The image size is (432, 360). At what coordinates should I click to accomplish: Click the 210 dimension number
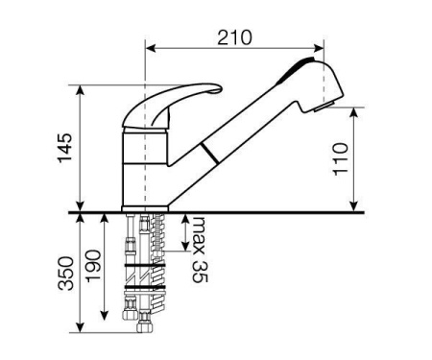coord(234,37)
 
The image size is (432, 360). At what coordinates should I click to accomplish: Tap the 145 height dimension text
coord(65,148)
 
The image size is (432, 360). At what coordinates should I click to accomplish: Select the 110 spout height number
coord(340,159)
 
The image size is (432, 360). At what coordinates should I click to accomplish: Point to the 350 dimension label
coord(66,273)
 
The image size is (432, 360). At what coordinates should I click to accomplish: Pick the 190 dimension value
coord(94,266)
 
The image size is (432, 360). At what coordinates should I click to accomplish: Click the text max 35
coord(200,250)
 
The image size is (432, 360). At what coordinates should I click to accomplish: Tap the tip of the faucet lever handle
coord(219,88)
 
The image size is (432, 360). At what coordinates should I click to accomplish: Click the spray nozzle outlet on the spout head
coord(324,107)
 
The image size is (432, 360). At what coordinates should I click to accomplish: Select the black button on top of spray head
coord(296,69)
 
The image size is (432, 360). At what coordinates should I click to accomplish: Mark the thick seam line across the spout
coord(210,154)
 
